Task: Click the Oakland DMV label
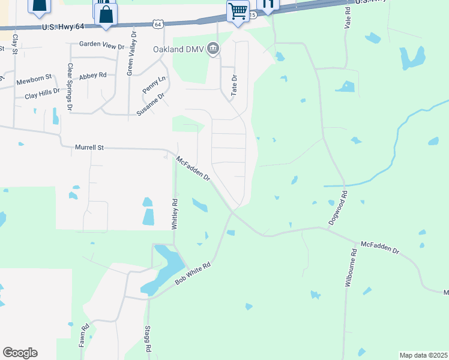click(178, 49)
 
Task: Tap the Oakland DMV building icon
click(213, 48)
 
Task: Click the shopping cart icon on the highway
click(238, 11)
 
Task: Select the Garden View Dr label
click(102, 45)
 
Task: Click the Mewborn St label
click(35, 80)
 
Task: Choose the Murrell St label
click(89, 146)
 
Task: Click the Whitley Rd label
click(175, 214)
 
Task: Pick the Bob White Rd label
click(193, 273)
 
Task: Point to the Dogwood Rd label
click(338, 208)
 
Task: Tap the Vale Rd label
click(348, 19)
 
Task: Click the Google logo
click(20, 353)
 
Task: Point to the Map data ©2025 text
click(423, 355)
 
